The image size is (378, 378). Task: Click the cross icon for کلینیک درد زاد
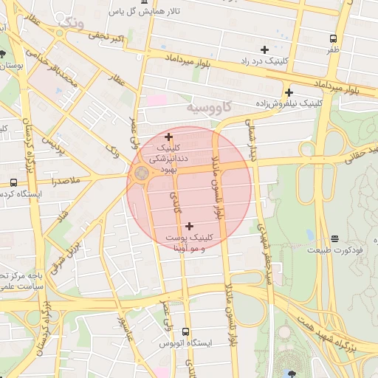coord(264,49)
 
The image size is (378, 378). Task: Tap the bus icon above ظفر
coord(334,38)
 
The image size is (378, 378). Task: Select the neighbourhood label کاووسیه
coord(210,109)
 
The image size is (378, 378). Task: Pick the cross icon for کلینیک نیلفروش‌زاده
coord(289,93)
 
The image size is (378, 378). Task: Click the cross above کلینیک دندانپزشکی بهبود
coord(169,136)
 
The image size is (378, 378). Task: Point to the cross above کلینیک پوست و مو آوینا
coord(190,226)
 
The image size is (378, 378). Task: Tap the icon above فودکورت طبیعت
coord(335,238)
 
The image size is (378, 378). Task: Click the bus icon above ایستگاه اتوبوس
coord(185,331)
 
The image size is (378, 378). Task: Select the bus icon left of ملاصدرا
coord(13,182)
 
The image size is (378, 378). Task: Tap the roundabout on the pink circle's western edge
coord(140,174)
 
